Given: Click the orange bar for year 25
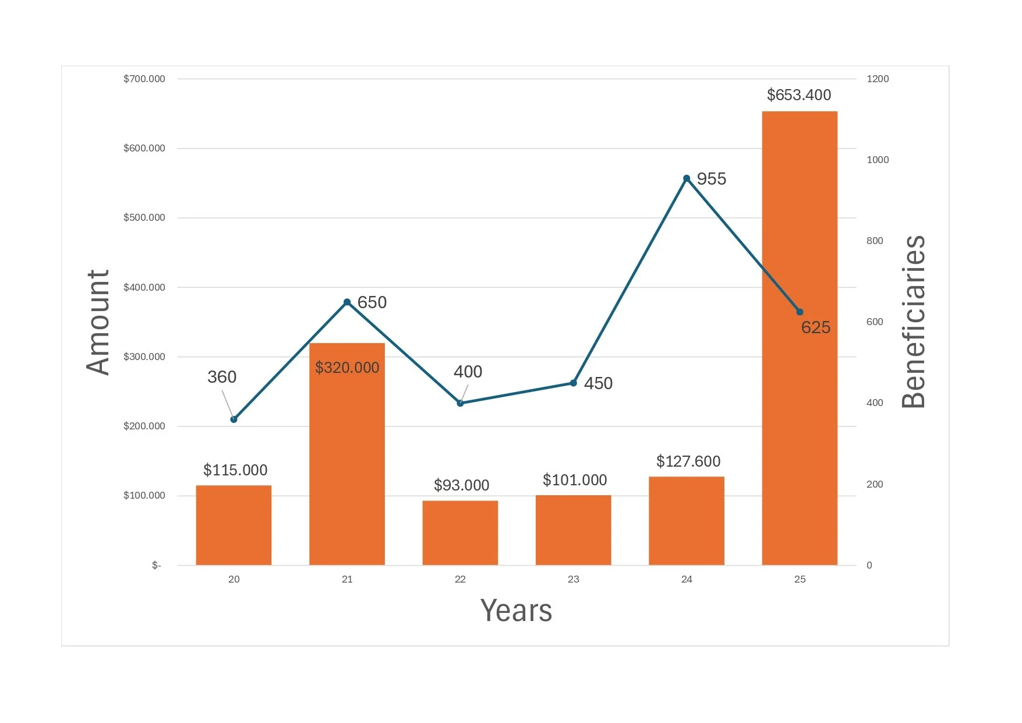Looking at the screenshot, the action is (x=800, y=338).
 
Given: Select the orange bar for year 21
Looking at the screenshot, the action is (x=347, y=454).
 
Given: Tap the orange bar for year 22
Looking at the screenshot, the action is (x=460, y=532).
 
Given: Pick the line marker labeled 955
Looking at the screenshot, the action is (x=687, y=178).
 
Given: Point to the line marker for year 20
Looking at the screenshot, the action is (x=234, y=419).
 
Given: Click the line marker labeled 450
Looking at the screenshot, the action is (x=574, y=383).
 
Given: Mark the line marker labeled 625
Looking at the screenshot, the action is (x=800, y=312).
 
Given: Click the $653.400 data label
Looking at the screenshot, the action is (x=799, y=95).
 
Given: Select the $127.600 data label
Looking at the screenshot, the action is (x=688, y=461).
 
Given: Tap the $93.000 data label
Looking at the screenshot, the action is (x=462, y=485).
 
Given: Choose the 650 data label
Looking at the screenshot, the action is (x=372, y=302).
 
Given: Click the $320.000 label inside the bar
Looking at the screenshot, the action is (x=347, y=368).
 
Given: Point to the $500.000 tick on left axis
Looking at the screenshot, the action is (x=144, y=218).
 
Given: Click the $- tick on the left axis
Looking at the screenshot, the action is (x=156, y=565).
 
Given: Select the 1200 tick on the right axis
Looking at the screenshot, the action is (x=878, y=79).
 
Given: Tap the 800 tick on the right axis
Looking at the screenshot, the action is (x=875, y=241).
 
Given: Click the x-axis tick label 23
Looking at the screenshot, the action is (x=574, y=579).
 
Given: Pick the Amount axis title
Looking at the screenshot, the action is (x=98, y=322).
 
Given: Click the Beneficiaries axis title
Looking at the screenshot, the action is (x=913, y=322).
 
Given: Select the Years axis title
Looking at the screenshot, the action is (x=517, y=611).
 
